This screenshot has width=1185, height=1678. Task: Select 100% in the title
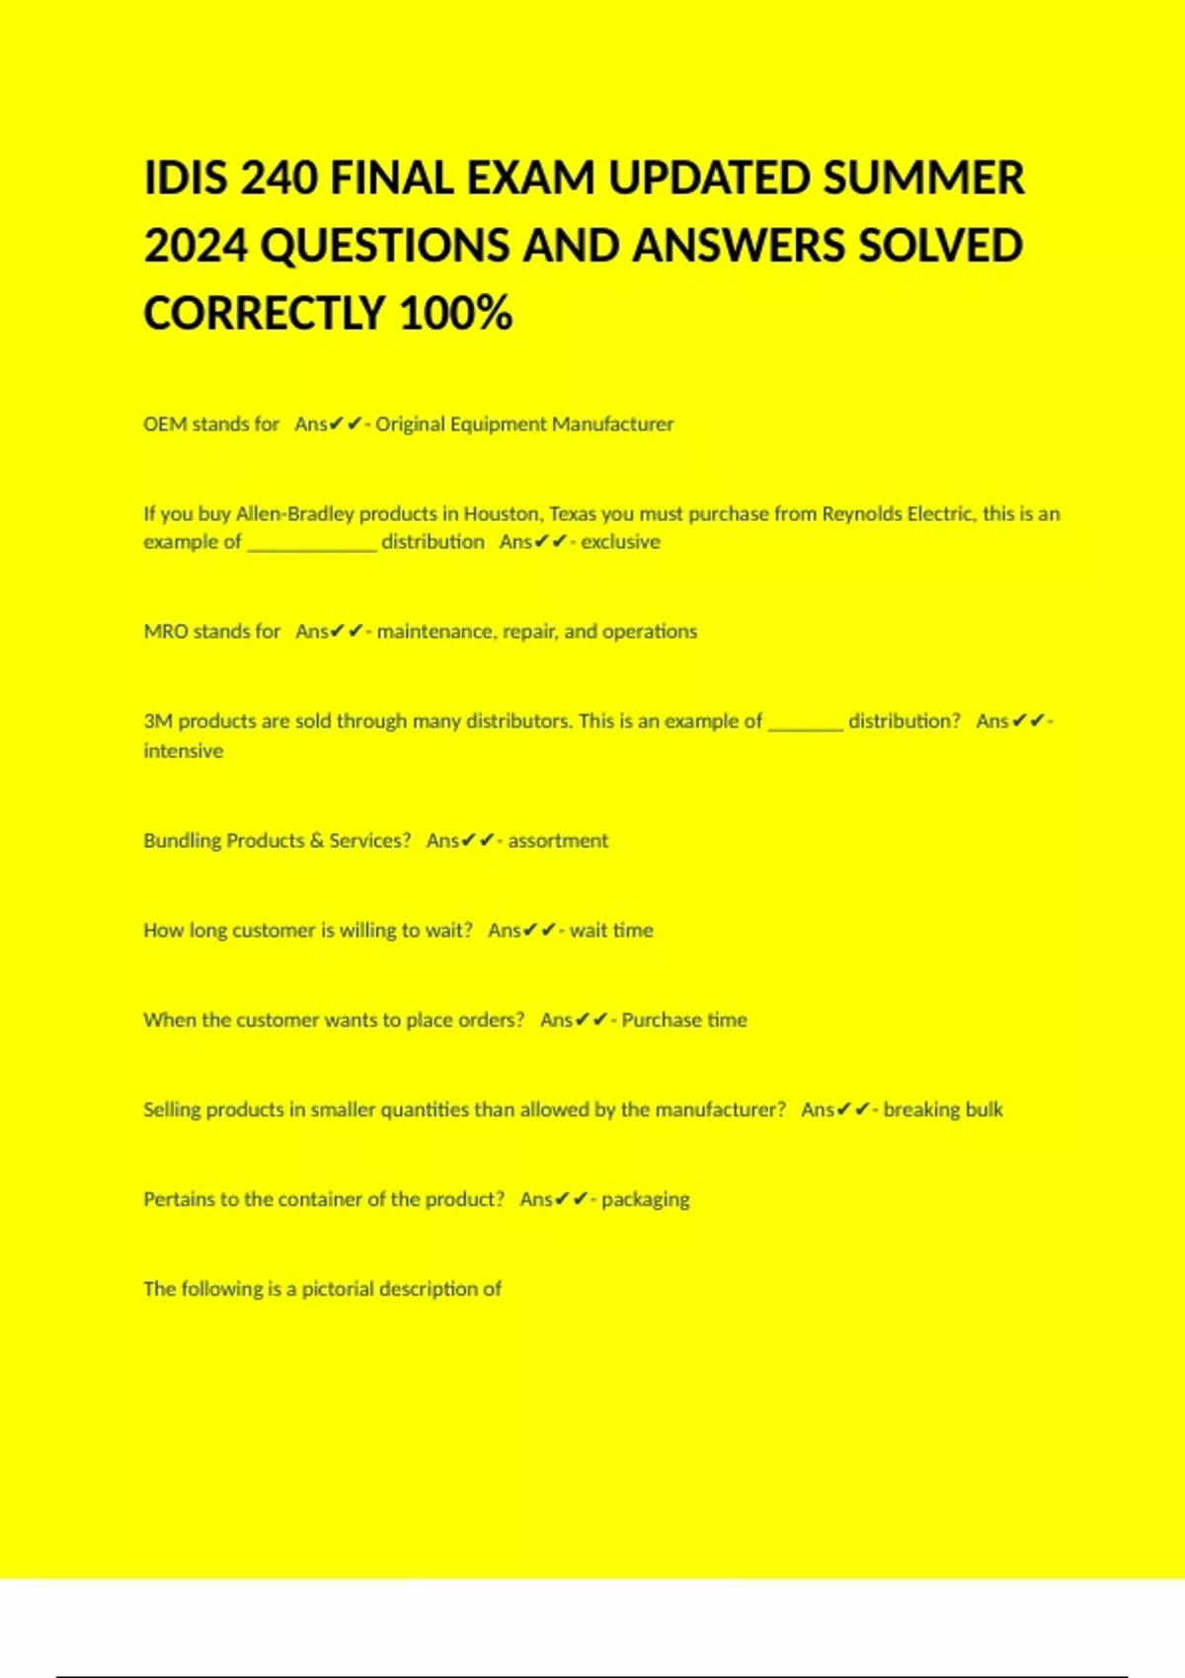point(456,314)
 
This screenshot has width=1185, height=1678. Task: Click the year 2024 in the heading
point(195,247)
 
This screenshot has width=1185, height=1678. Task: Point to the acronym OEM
point(165,424)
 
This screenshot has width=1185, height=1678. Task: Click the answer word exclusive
point(620,542)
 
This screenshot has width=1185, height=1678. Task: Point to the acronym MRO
point(166,632)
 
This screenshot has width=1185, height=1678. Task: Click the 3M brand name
point(158,722)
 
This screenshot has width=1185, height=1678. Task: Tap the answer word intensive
point(184,751)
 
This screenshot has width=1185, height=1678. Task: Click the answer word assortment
point(558,841)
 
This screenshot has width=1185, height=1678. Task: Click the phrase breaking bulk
point(943,1110)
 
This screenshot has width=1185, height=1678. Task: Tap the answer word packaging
point(646,1200)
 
